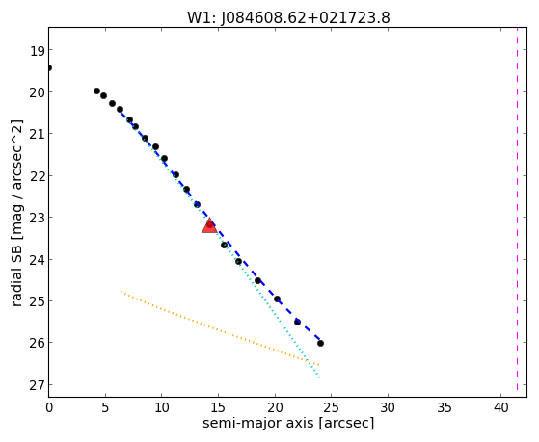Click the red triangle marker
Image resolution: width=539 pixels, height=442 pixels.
click(209, 226)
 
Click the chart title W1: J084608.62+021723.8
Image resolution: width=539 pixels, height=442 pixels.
click(288, 18)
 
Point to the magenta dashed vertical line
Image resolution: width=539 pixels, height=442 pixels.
click(517, 209)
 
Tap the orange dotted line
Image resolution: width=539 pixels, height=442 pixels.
click(220, 328)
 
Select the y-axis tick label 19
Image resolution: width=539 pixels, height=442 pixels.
click(38, 51)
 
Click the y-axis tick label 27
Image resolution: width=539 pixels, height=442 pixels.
click(38, 386)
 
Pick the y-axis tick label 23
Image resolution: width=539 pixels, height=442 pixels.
click(38, 218)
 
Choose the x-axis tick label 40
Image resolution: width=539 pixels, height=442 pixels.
click(501, 407)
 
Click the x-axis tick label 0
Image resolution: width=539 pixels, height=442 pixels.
click(49, 407)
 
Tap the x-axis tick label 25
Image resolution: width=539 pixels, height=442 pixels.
click(332, 407)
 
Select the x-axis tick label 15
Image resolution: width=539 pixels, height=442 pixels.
click(218, 407)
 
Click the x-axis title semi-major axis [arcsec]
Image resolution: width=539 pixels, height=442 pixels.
click(288, 423)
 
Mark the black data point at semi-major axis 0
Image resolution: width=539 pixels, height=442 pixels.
click(49, 67)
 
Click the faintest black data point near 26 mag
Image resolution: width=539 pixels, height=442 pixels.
click(320, 343)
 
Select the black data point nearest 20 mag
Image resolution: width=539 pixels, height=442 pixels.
click(97, 91)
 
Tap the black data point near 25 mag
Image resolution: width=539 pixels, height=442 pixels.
click(277, 299)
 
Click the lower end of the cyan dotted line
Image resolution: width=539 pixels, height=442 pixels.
click(319, 377)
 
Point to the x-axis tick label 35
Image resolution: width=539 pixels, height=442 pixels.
click(445, 407)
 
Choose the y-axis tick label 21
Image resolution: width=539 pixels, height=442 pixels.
click(38, 135)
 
